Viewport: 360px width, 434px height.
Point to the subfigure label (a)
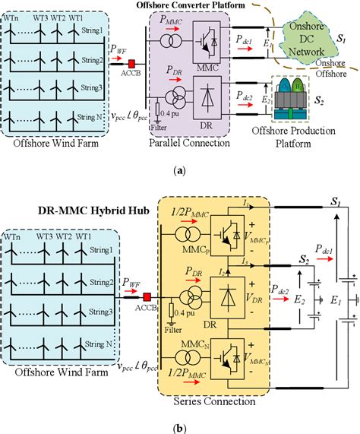pos(179,173)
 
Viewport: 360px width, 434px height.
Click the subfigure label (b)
pos(179,427)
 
